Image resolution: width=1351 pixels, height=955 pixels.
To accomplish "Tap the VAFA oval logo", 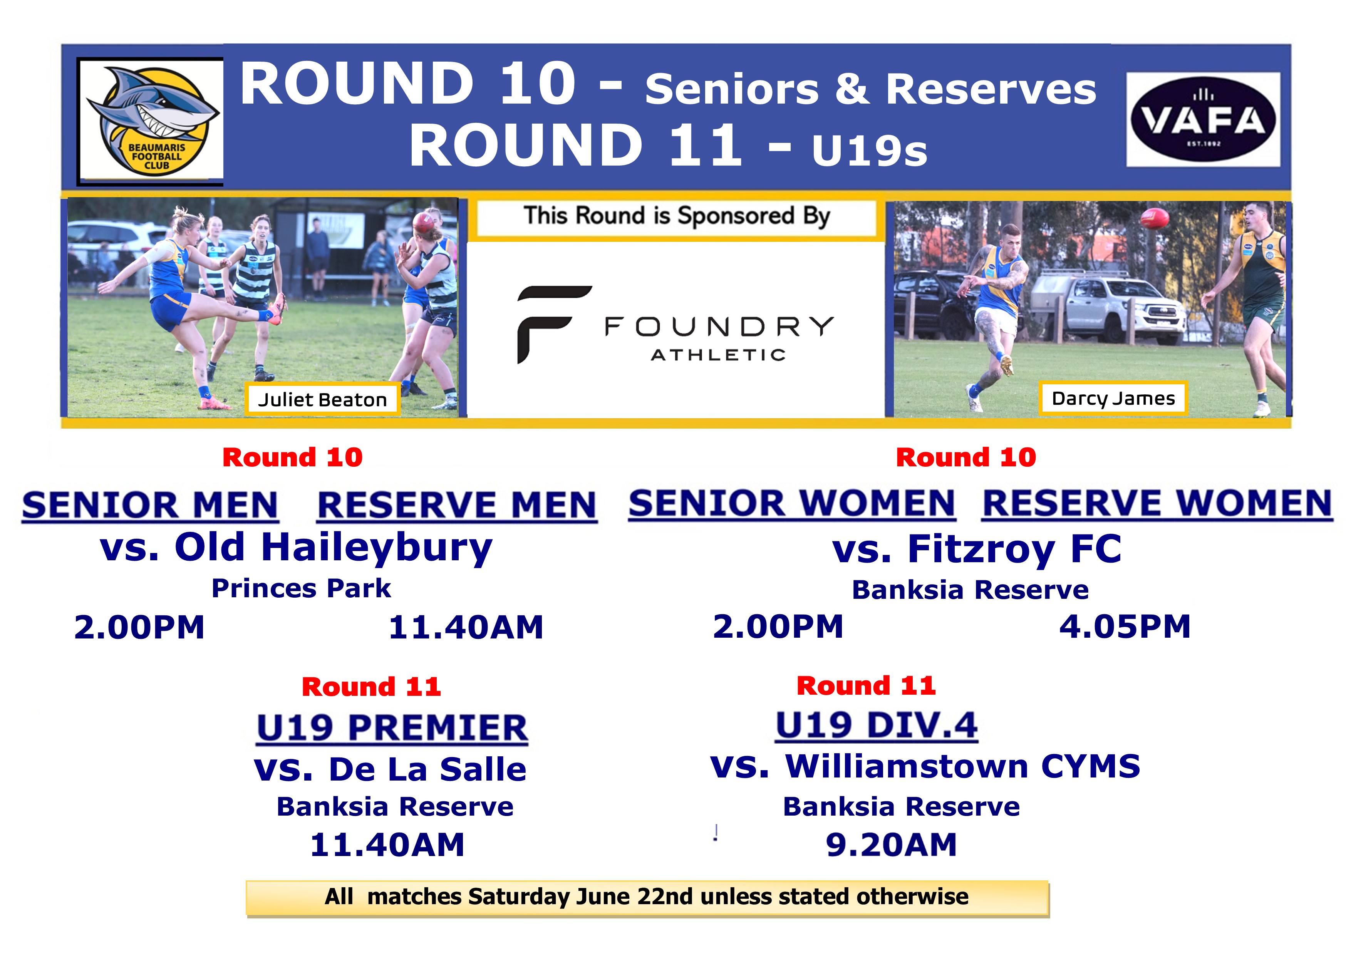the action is [1203, 119].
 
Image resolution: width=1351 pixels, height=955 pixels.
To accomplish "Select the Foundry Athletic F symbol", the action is [553, 324].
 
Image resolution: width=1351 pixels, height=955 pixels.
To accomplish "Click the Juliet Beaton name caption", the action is [322, 400].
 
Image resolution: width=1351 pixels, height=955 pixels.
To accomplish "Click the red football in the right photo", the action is [1154, 219].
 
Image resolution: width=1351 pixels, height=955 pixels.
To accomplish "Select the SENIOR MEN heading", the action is [150, 506].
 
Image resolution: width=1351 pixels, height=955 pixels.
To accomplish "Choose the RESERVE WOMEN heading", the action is [1157, 504].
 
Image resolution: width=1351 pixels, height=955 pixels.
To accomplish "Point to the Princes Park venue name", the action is [301, 588].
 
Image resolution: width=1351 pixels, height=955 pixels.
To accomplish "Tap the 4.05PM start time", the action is [1125, 626].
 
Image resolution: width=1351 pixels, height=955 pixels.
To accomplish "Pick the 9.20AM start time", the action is [892, 845].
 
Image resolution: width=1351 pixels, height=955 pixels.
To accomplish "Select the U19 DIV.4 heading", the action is [877, 725].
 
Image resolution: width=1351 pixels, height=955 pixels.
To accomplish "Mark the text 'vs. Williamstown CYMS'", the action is [925, 766].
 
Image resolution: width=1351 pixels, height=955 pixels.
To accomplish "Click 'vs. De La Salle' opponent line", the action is [390, 769].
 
